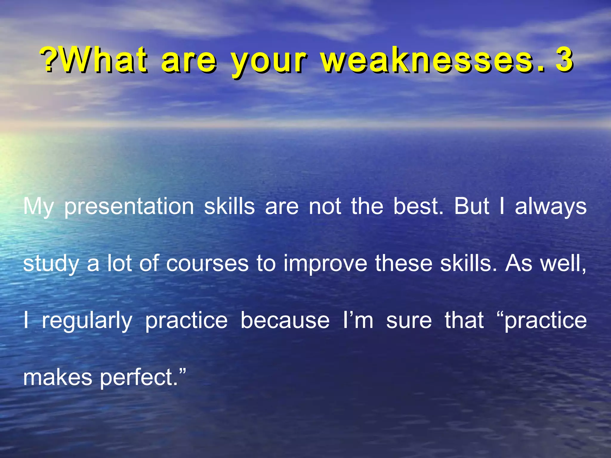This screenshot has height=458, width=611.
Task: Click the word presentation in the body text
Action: (129, 207)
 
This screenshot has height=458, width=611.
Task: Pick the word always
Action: (551, 207)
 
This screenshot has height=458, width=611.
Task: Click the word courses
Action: (207, 264)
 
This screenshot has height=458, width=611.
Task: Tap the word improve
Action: (325, 264)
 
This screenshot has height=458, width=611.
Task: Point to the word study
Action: (51, 264)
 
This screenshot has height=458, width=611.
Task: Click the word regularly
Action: (87, 321)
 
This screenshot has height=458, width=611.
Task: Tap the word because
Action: (285, 320)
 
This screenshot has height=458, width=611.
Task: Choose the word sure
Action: (409, 321)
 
